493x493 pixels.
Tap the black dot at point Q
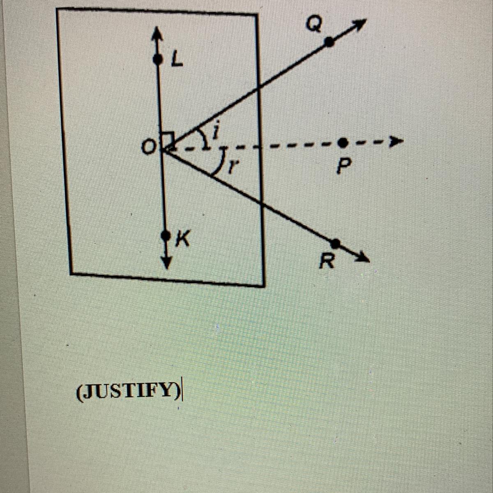point(329,41)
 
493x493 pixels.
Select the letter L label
point(177,61)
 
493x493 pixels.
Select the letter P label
point(342,166)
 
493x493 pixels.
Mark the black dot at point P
point(342,143)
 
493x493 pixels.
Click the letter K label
point(182,239)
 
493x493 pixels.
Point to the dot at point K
point(166,236)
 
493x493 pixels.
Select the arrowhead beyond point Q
point(359,25)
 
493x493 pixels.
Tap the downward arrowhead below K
point(166,261)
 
